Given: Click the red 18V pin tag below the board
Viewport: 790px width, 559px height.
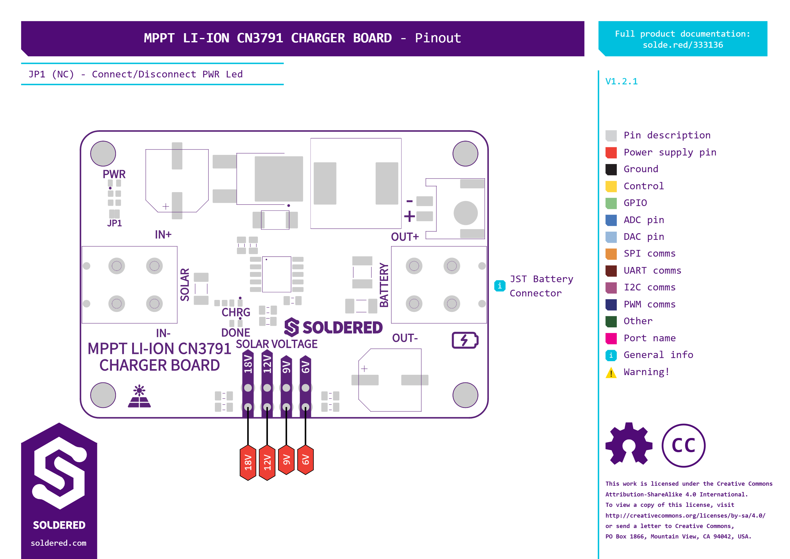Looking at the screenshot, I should [248, 462].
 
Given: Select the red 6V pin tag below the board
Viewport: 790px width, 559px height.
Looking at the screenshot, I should [305, 460].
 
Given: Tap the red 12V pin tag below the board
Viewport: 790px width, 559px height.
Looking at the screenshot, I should [267, 462].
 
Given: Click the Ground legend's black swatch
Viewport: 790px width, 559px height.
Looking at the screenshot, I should [611, 169].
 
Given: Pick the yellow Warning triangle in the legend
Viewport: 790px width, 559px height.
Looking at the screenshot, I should [611, 373].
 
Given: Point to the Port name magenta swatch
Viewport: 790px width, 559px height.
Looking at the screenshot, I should [611, 338].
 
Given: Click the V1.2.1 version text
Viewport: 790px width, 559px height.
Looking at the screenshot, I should [621, 82].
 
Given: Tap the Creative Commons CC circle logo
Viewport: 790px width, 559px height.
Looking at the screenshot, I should [683, 446].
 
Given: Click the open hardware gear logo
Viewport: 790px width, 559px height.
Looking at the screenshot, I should [629, 444].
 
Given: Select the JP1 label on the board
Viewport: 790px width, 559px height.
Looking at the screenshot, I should [114, 223].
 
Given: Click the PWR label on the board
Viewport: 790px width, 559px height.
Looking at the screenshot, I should [114, 174].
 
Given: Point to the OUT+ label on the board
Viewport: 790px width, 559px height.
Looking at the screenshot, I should [405, 237].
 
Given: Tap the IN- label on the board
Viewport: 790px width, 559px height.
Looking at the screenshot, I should [163, 333].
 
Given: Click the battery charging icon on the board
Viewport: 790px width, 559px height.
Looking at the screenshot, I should [465, 340].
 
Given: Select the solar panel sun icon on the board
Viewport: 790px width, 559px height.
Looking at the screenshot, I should [139, 396].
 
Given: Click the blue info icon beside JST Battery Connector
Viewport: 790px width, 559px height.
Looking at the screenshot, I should [500, 286].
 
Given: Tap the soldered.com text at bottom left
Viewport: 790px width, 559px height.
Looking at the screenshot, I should [58, 543].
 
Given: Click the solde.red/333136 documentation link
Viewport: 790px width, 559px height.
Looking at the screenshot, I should [683, 45].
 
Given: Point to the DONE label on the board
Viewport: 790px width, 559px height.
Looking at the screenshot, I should [235, 332].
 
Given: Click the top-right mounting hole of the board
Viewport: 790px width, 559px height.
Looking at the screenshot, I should [465, 154].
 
